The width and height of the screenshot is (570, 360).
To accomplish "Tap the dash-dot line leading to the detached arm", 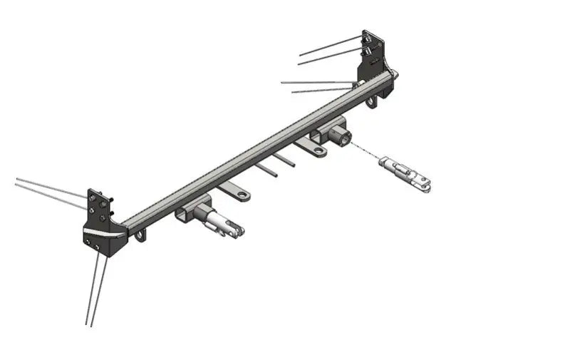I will [x=364, y=151].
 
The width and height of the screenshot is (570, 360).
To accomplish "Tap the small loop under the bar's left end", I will [x=141, y=235].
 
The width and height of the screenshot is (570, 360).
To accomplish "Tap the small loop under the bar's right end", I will [x=371, y=103].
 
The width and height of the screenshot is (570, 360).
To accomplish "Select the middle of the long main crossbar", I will [x=256, y=149].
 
